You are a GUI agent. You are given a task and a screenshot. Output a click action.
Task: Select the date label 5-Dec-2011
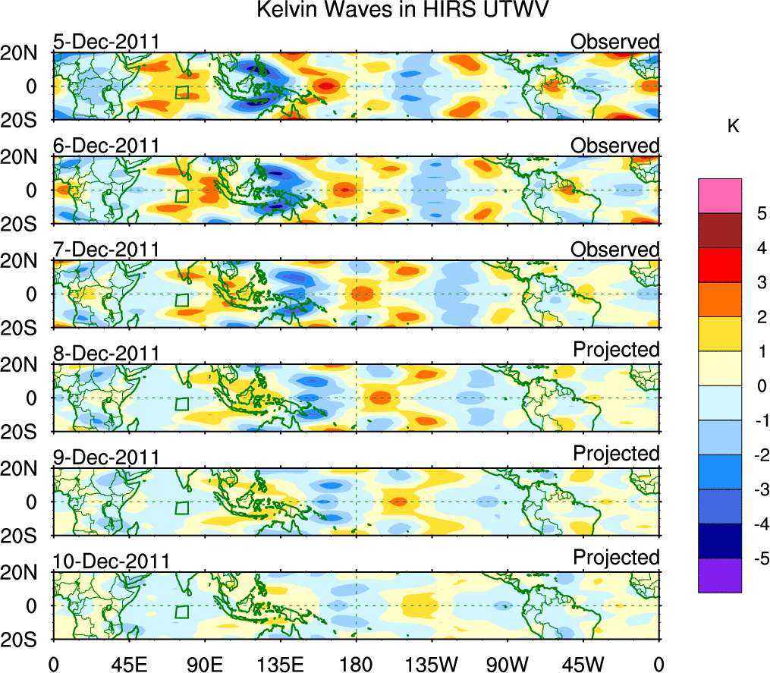105,42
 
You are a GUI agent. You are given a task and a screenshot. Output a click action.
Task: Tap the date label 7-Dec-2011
105,250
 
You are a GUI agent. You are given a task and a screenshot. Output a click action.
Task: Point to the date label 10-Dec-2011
110,561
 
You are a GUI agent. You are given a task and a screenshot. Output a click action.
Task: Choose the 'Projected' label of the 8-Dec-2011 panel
616,350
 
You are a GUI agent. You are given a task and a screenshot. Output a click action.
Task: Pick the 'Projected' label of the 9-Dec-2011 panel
616,454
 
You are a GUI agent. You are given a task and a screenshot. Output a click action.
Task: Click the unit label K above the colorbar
733,127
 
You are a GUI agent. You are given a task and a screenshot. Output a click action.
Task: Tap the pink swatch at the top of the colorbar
719,196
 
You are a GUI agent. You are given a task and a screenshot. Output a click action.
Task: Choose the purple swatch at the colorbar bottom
719,575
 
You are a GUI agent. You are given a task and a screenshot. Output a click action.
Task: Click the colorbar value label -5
759,558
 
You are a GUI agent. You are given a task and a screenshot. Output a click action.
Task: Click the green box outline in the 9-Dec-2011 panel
181,508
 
